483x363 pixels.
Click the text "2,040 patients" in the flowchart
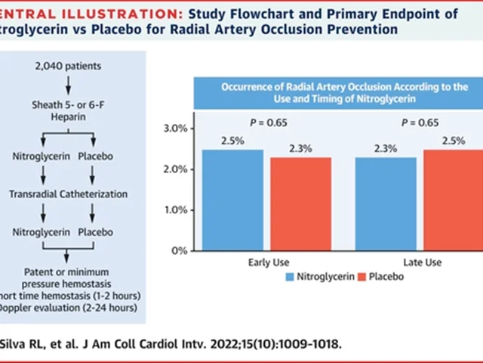[67, 67]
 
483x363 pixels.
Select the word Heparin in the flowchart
[67, 116]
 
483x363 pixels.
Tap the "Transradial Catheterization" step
[67, 193]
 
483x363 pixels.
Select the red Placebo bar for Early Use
[300, 204]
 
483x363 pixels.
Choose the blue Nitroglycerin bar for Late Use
[386, 204]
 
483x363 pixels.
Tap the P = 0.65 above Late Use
[420, 122]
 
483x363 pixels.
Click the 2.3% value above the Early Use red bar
[300, 149]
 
